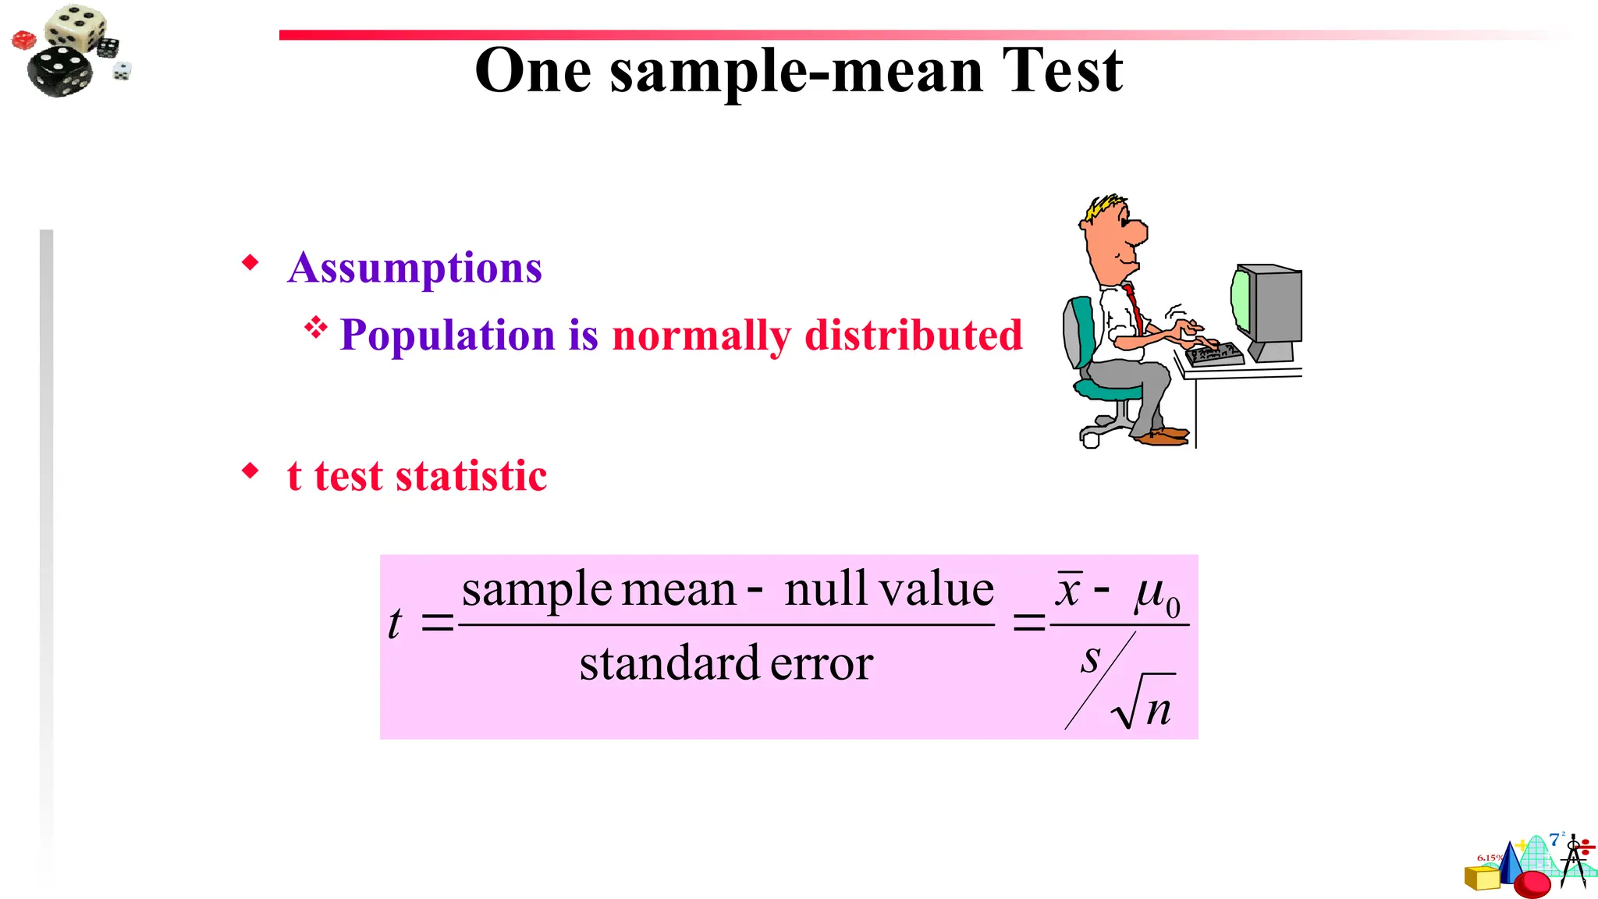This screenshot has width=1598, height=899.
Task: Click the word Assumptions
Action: pyautogui.click(x=414, y=268)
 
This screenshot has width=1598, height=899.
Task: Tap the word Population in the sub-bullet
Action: pyautogui.click(x=447, y=336)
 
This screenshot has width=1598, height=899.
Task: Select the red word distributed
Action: pyautogui.click(x=913, y=336)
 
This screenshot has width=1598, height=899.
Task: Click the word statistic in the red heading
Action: pyautogui.click(x=471, y=476)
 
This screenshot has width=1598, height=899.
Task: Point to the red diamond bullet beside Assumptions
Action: pyautogui.click(x=250, y=262)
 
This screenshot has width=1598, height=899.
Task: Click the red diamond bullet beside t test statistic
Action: pyautogui.click(x=250, y=471)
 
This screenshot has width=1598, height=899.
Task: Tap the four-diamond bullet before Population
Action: pyautogui.click(x=315, y=327)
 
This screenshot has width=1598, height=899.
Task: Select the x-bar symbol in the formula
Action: pyautogui.click(x=1068, y=590)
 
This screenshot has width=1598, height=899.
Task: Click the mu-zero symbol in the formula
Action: pyautogui.click(x=1156, y=595)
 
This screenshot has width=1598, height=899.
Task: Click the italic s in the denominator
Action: pyautogui.click(x=1090, y=659)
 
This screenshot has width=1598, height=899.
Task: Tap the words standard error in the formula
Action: pyautogui.click(x=726, y=664)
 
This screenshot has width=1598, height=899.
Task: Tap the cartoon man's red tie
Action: pyautogui.click(x=1135, y=308)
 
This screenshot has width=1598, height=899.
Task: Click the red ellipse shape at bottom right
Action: pyautogui.click(x=1531, y=884)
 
